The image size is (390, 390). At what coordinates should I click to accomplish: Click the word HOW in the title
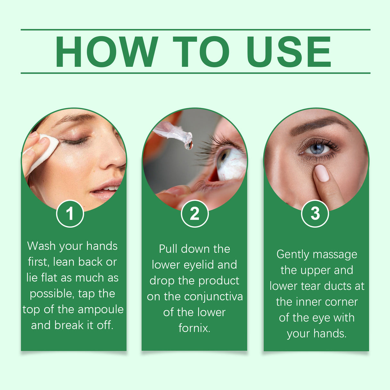pyautogui.click(x=106, y=52)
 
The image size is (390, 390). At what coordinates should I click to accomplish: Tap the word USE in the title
pyautogui.click(x=288, y=52)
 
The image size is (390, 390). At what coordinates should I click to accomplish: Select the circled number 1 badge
pyautogui.click(x=70, y=214)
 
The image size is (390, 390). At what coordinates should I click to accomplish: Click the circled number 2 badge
pyautogui.click(x=195, y=214)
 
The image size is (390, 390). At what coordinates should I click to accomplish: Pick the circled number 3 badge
pyautogui.click(x=315, y=213)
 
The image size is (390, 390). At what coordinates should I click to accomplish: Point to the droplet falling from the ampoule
pyautogui.click(x=189, y=145)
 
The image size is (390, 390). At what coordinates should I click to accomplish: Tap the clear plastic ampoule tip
pyautogui.click(x=170, y=132)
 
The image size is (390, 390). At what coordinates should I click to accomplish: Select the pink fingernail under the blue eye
pyautogui.click(x=322, y=173)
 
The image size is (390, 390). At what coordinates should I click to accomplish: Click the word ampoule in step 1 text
pyautogui.click(x=101, y=309)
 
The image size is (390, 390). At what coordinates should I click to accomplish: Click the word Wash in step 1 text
pyautogui.click(x=41, y=246)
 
